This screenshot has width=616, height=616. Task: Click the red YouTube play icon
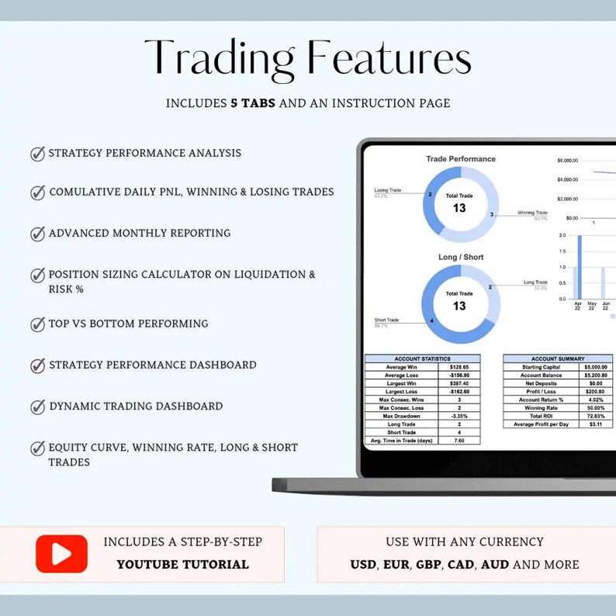pyautogui.click(x=61, y=554)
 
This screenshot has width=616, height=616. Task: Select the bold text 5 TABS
pyautogui.click(x=253, y=103)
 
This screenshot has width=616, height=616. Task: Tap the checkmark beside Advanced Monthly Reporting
pyautogui.click(x=37, y=234)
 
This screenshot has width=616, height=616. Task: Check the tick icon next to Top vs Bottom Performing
pyautogui.click(x=37, y=324)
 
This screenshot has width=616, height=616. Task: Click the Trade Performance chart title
pyautogui.click(x=461, y=159)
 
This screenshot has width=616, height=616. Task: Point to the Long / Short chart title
pyautogui.click(x=461, y=257)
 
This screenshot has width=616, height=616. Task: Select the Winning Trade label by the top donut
pyautogui.click(x=532, y=213)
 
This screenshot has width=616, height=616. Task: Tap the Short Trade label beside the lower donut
pyautogui.click(x=386, y=320)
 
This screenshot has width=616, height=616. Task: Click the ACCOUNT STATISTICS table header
pyautogui.click(x=422, y=358)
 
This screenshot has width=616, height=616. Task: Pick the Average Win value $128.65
pyautogui.click(x=459, y=367)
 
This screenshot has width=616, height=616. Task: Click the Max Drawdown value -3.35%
pyautogui.click(x=459, y=416)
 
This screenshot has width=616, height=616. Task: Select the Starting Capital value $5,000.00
pyautogui.click(x=597, y=367)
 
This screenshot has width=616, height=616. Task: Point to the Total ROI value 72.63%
pyautogui.click(x=597, y=416)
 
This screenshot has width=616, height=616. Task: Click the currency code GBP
pyautogui.click(x=428, y=565)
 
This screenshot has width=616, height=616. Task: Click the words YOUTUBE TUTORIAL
pyautogui.click(x=183, y=565)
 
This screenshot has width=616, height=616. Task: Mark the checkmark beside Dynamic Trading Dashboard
pyautogui.click(x=37, y=407)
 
